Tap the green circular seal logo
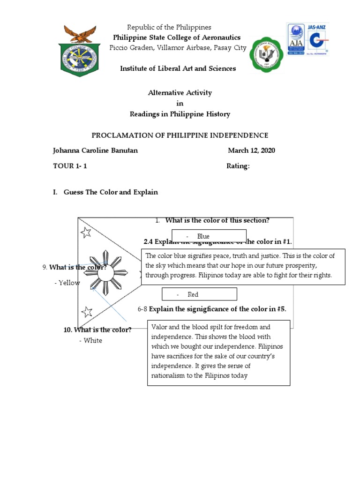[266, 55]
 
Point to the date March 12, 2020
[251, 150]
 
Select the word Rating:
[238, 166]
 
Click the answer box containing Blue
[209, 237]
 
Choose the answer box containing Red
[199, 294]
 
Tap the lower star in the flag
[87, 312]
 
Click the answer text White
[93, 340]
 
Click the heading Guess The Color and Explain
[111, 192]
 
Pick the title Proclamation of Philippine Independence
[180, 135]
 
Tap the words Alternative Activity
[180, 93]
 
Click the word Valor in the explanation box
[159, 327]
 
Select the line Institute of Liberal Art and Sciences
[178, 68]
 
